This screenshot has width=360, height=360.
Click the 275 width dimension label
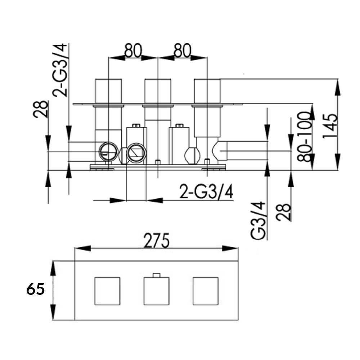click(156, 240)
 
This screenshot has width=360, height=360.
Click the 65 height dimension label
click(35, 289)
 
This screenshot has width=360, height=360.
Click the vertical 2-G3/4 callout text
click(60, 70)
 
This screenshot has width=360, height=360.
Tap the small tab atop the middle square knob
click(156, 275)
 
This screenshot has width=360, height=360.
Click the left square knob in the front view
click(107, 291)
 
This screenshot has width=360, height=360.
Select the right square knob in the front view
click(205, 291)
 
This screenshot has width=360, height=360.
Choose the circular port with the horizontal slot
click(108, 152)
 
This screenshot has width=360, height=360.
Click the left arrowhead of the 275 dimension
click(81, 248)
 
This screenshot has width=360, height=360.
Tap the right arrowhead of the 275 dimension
click(230, 248)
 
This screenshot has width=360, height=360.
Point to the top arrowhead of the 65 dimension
click(53, 268)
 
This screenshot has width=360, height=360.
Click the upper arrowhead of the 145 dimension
click(337, 86)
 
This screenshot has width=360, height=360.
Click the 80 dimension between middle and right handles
click(182, 51)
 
